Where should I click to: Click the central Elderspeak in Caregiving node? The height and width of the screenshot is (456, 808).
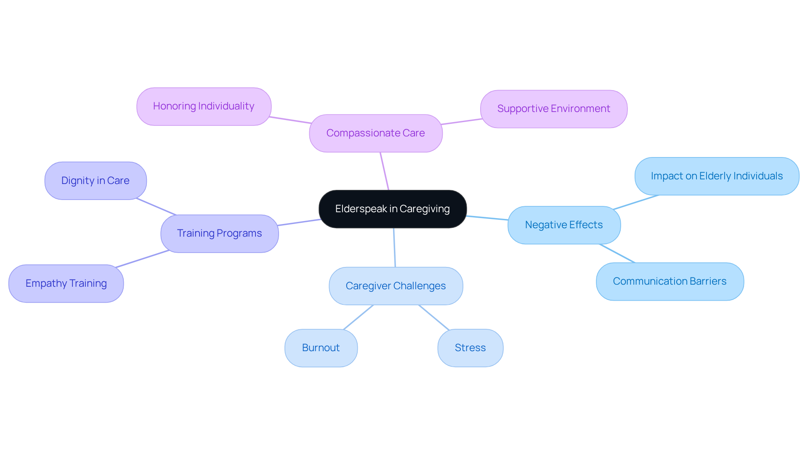click(x=392, y=209)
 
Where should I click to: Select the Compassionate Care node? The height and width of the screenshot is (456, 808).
click(x=375, y=133)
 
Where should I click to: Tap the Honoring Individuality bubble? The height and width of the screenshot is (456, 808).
click(x=204, y=106)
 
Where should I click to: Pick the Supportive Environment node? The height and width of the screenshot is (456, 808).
click(x=553, y=109)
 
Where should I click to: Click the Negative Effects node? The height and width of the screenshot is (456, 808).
click(x=564, y=225)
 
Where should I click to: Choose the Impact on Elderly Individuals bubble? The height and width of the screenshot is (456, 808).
click(x=717, y=176)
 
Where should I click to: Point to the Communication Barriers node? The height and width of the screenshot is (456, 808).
click(x=670, y=281)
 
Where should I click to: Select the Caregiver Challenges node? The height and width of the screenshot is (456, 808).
click(x=396, y=286)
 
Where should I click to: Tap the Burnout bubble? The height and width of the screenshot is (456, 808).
click(x=321, y=348)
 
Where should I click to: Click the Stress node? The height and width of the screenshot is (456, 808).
click(x=470, y=348)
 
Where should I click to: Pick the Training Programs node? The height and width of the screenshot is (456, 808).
click(x=219, y=233)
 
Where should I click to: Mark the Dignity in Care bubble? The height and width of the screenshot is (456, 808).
click(x=96, y=181)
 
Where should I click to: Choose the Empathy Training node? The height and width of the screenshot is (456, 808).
click(x=66, y=283)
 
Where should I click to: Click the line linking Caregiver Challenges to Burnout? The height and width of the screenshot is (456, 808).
click(x=358, y=317)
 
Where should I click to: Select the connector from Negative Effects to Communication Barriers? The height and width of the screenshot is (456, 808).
click(x=617, y=253)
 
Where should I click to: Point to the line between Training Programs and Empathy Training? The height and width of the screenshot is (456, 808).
click(x=142, y=259)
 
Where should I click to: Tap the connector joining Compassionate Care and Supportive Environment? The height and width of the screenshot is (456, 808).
click(x=461, y=122)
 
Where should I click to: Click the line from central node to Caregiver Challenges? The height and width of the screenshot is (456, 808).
click(x=394, y=248)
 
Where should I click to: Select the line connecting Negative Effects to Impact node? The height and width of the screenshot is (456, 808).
click(x=635, y=202)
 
